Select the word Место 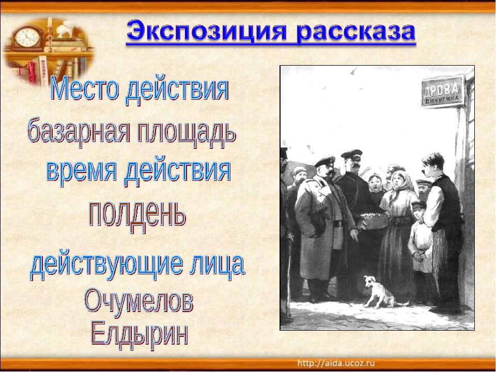pos(85,89)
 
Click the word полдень pos(136,215)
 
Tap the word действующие pos(107,265)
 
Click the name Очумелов pos(138,299)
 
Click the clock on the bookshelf pos(27,38)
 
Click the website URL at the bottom pos(336,363)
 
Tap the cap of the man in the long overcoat pos(324,162)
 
